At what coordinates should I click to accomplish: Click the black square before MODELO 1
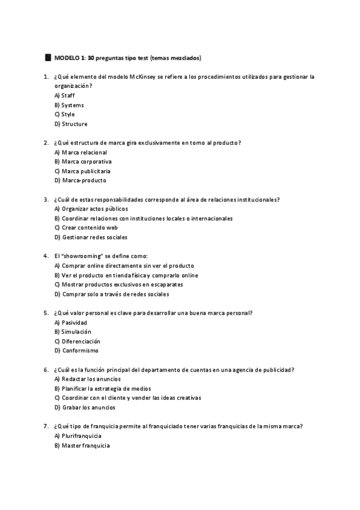point(48,58)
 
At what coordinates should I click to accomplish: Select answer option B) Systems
point(69,105)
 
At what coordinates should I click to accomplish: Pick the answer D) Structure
point(70,124)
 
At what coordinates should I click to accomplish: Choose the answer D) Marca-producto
point(80,180)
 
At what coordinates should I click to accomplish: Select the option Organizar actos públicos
point(82,209)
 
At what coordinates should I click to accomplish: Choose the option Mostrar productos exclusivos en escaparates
point(118,284)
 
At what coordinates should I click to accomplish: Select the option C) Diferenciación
point(77,341)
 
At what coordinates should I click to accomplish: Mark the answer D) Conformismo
point(76,351)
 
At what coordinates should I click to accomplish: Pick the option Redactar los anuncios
point(83,379)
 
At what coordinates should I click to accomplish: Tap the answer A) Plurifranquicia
point(78,435)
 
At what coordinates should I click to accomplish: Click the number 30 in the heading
point(91,58)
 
